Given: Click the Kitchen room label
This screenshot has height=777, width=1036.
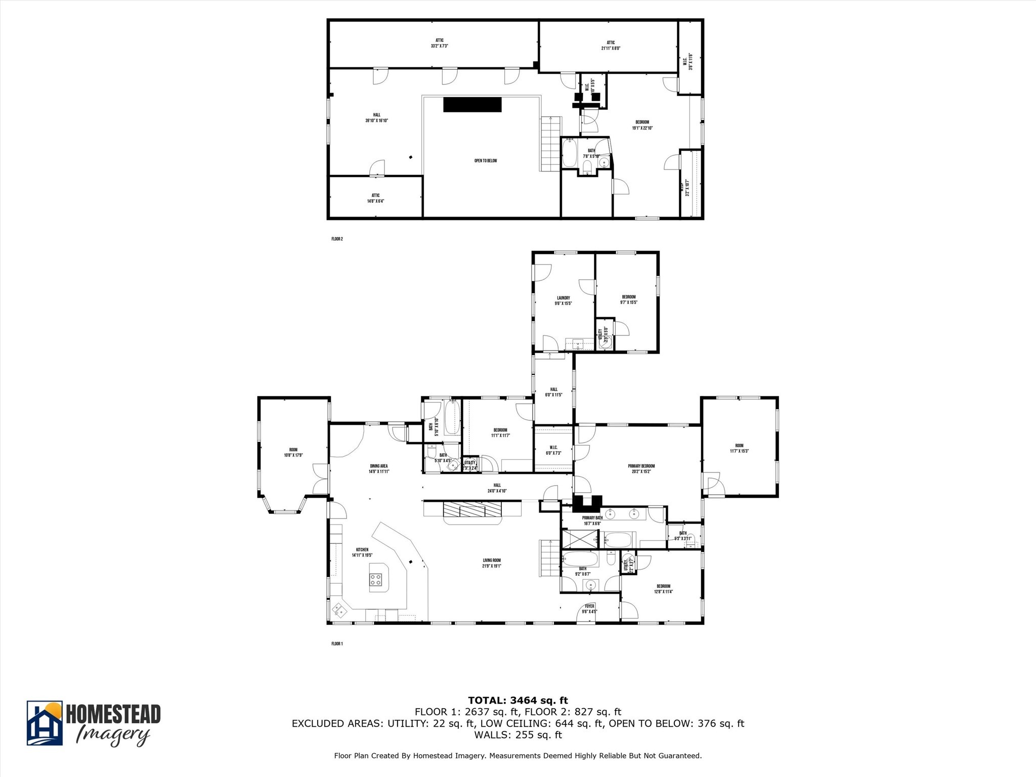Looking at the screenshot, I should click(362, 552).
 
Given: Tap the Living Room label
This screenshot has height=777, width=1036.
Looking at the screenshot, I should click(491, 563).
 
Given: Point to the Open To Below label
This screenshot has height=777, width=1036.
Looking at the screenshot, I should click(485, 161).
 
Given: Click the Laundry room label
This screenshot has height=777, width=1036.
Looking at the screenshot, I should click(563, 300).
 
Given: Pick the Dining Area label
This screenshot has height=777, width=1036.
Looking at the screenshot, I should click(378, 468).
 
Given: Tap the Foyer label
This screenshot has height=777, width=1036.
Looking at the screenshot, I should click(589, 609).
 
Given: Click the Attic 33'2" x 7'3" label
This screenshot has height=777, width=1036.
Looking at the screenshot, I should click(439, 43).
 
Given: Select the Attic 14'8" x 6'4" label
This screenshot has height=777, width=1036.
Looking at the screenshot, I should click(375, 198).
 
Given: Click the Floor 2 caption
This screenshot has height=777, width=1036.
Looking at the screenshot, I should click(337, 239).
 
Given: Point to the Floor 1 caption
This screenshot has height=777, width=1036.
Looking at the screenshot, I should click(337, 644).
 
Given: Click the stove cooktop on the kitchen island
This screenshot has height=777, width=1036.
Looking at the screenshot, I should click(375, 580).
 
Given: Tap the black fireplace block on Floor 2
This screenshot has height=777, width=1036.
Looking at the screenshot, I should click(472, 105).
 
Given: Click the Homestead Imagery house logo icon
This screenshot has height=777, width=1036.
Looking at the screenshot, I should click(45, 723).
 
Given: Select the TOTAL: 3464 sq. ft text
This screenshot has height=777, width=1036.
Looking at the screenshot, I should click(517, 700).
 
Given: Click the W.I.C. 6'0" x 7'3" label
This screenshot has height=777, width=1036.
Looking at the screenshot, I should click(553, 450).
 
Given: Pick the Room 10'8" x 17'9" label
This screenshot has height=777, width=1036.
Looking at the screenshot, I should click(293, 452).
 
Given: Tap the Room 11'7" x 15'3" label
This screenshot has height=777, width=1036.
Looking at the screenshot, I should click(739, 448).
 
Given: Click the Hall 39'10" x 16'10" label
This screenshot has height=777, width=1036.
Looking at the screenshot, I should click(376, 117).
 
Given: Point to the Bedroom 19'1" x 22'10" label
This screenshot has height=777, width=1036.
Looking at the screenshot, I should click(642, 125).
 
